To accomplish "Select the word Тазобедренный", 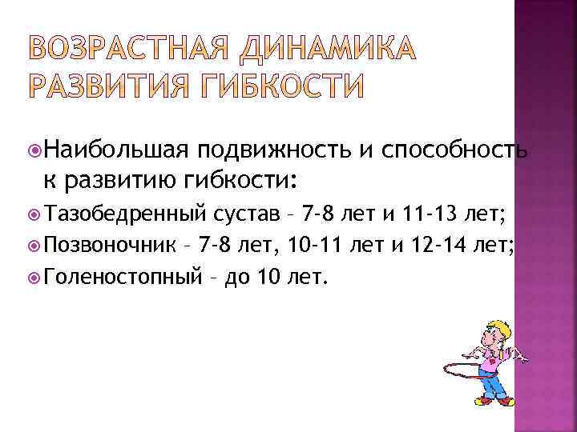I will pos(129,212).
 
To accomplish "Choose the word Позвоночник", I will pos(114,243).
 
